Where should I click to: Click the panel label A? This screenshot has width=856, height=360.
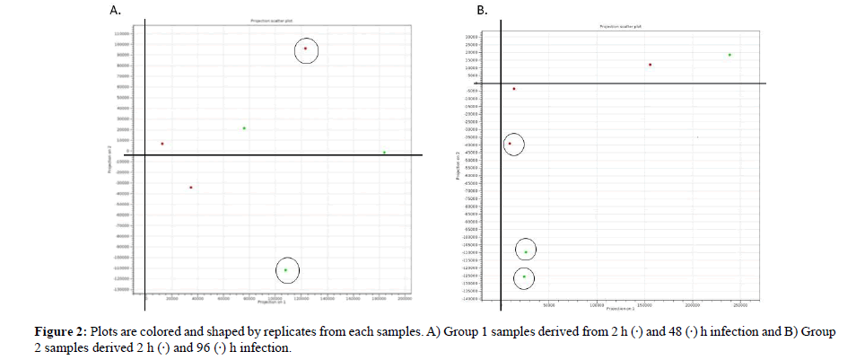tap(114, 11)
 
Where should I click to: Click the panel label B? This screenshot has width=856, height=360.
tap(482, 11)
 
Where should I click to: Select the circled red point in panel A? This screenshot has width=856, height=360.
tap(305, 48)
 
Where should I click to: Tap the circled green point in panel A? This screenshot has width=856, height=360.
tap(285, 269)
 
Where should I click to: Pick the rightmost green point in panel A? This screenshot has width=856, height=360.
tap(384, 153)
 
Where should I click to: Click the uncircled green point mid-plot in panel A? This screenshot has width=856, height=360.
tap(244, 128)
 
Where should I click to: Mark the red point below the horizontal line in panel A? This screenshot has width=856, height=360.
tap(191, 188)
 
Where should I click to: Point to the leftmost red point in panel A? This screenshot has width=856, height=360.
tap(162, 144)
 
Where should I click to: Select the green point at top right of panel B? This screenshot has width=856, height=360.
tap(729, 55)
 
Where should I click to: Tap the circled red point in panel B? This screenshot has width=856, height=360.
tap(510, 144)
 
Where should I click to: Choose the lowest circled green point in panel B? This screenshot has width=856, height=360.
tap(524, 277)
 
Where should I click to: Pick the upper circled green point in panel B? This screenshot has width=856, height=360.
tap(526, 252)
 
